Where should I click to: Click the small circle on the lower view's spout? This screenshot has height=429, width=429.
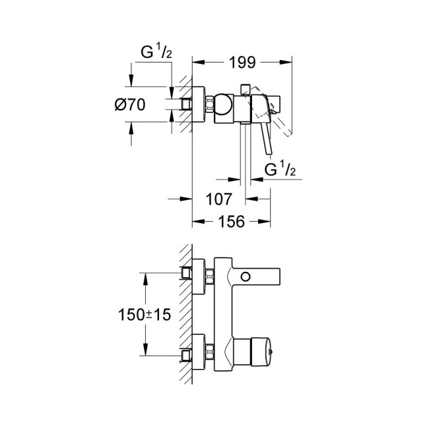[x=248, y=276]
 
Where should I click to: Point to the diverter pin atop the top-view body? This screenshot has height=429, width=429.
[x=244, y=88]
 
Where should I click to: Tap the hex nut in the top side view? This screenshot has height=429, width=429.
[x=209, y=105]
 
